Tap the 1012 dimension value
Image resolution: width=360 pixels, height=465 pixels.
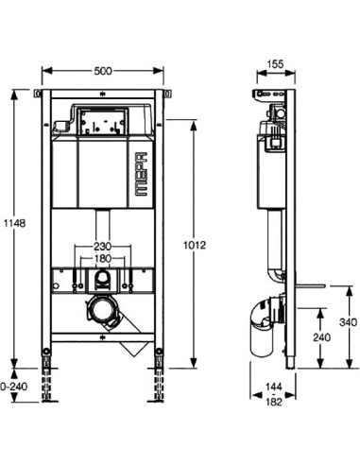(x=195, y=244)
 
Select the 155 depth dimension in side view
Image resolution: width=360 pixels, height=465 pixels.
(x=275, y=64)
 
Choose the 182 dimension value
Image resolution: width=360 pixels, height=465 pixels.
(x=275, y=403)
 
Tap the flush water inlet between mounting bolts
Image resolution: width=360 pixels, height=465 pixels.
(x=101, y=279)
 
